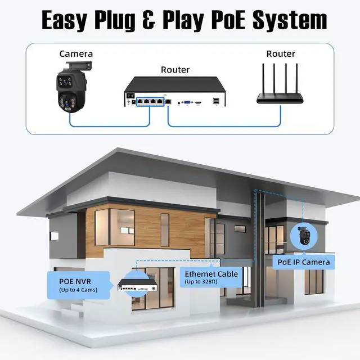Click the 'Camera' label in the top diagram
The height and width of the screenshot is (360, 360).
(x=76, y=53)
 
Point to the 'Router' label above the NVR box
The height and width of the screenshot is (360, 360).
(x=175, y=70)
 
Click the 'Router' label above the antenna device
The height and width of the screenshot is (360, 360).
(x=280, y=53)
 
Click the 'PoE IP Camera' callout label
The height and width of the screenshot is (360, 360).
(x=304, y=262)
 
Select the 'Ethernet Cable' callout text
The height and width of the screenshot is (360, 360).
(x=211, y=274)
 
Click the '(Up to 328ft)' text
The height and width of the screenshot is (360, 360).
(x=201, y=282)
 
